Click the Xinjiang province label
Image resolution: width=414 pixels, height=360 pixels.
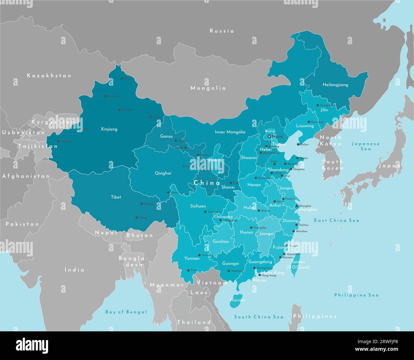109,129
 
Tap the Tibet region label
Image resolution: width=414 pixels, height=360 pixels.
116,197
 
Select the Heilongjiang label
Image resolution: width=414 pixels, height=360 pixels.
335,85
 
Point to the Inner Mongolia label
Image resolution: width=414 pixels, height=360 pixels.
230,132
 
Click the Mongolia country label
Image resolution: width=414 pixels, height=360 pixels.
208,88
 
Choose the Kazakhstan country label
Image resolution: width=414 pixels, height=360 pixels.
49,76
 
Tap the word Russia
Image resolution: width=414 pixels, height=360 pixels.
222,31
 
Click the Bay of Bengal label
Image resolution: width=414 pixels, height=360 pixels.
126,312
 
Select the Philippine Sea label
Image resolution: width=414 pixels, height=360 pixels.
356,295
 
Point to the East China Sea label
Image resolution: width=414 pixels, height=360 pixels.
336,220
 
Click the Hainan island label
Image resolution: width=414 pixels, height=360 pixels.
237,300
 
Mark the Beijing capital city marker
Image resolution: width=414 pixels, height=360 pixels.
269,136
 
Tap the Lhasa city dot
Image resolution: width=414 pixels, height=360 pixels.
137,218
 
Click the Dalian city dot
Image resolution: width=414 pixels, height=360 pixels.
298,144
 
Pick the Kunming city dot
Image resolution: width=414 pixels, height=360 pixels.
199,255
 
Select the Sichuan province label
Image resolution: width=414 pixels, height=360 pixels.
198,206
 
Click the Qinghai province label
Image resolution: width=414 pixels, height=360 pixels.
163,173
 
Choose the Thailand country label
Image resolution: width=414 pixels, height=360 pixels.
194,322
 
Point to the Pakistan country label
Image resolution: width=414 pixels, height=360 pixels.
22,224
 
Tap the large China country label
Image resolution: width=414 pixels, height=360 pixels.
207,183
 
